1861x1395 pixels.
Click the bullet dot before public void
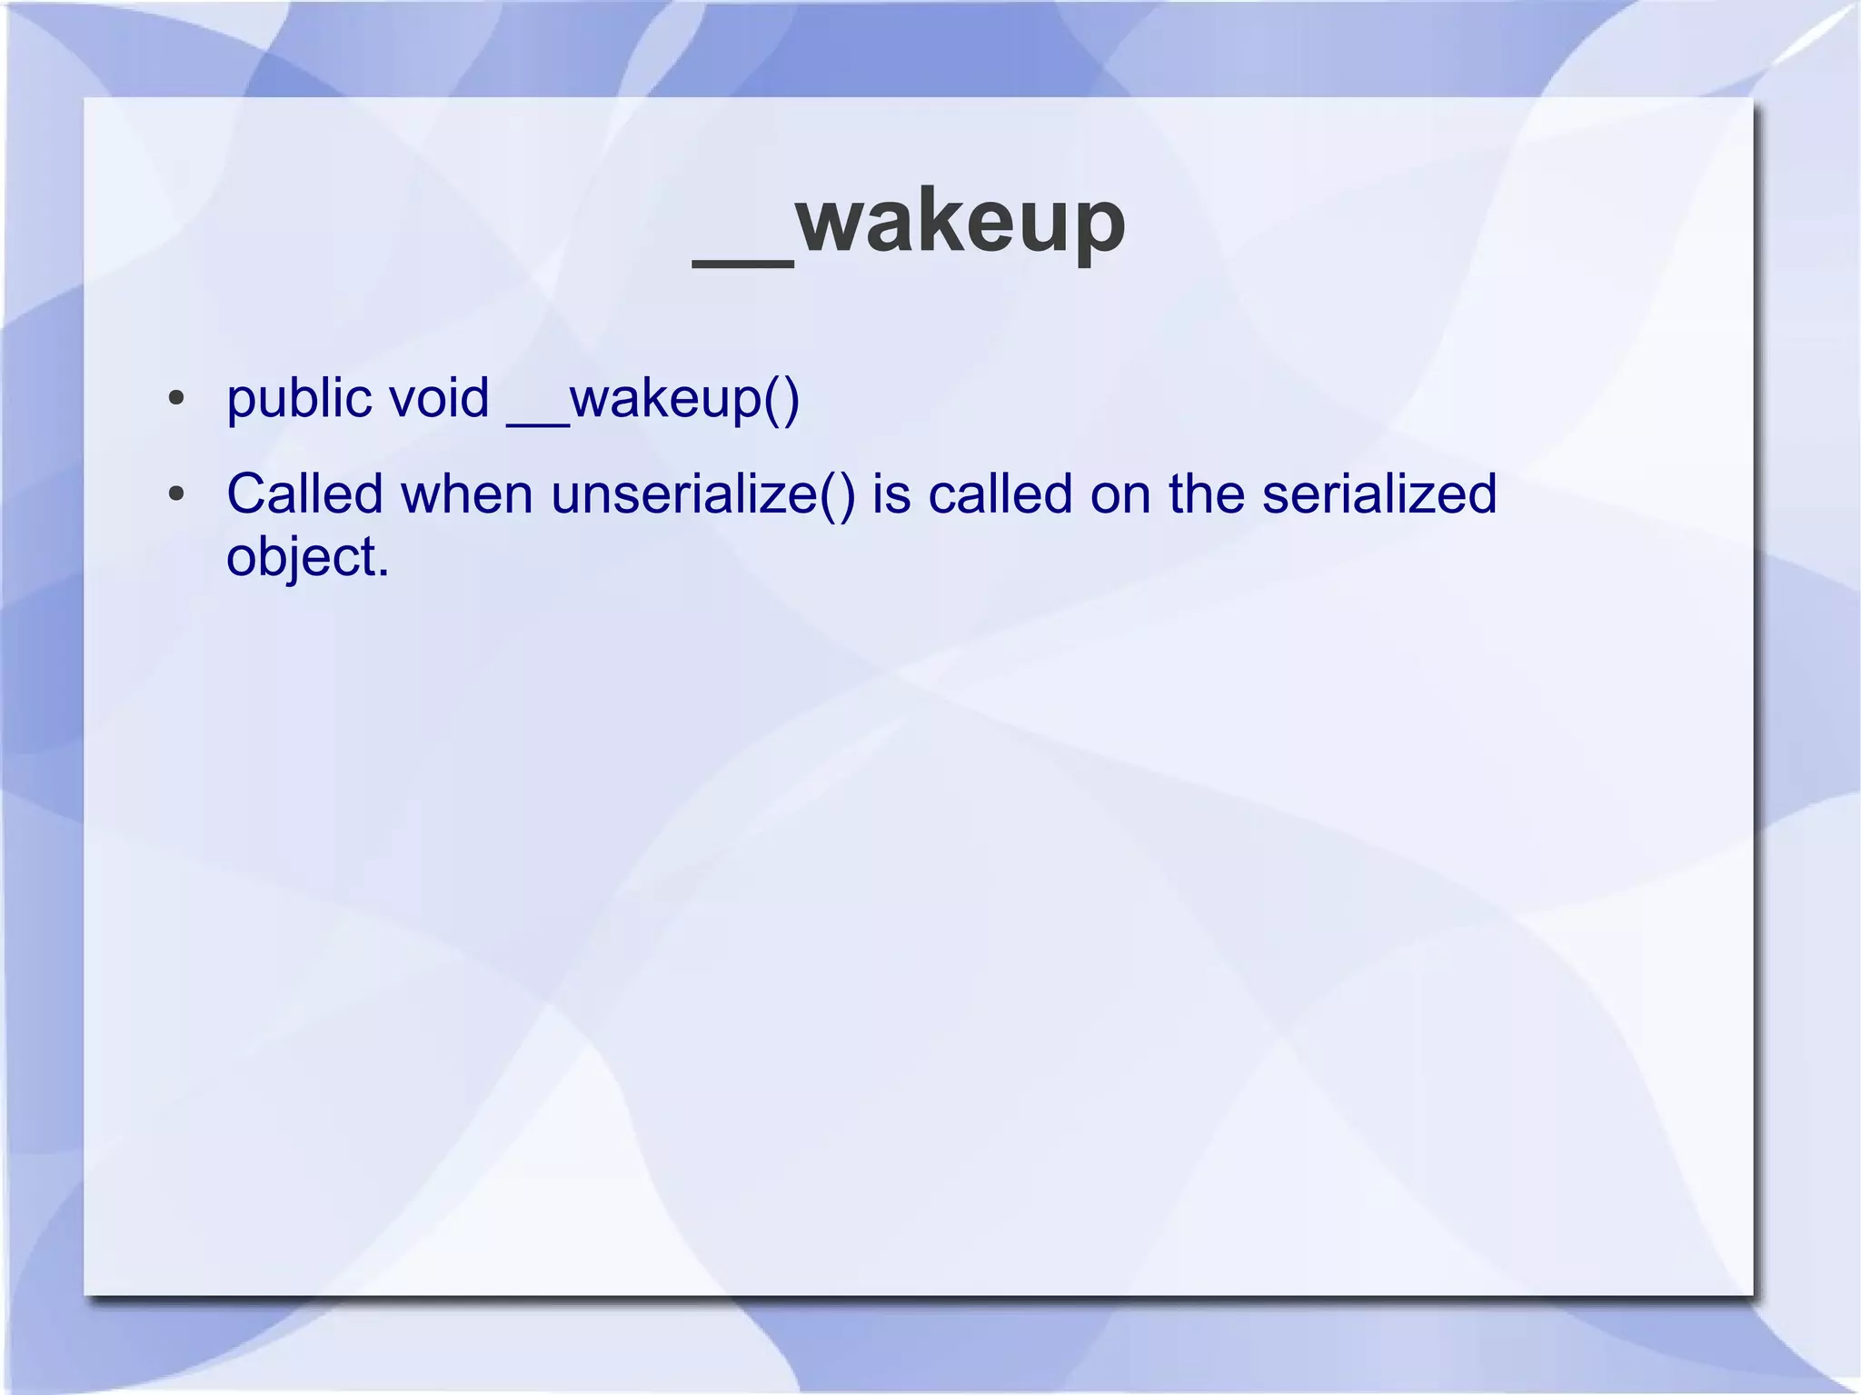(176, 399)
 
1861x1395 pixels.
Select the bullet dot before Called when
(176, 494)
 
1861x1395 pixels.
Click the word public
(299, 399)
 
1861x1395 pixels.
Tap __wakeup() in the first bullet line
(652, 399)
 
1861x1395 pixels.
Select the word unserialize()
(703, 494)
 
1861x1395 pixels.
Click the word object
(302, 556)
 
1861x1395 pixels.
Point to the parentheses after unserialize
(837, 495)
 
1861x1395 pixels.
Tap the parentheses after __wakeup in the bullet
(781, 400)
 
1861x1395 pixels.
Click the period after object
(383, 573)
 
